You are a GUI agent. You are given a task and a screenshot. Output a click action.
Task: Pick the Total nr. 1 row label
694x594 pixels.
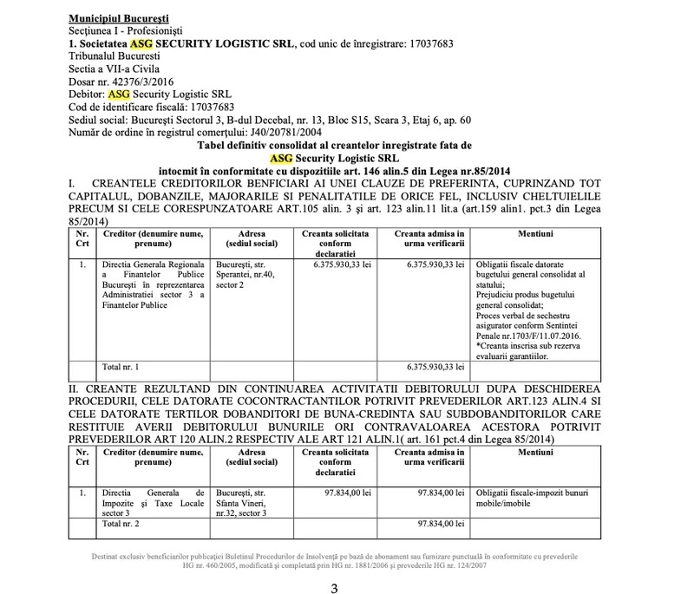[x=121, y=368]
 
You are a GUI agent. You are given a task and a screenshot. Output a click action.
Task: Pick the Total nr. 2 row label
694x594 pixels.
[x=121, y=525]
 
